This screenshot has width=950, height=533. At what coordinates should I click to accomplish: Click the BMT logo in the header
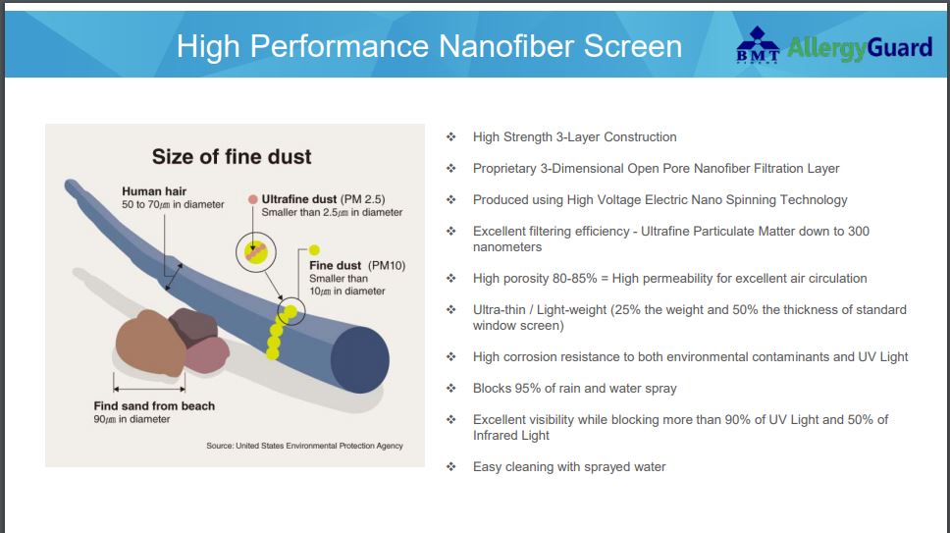[758, 44]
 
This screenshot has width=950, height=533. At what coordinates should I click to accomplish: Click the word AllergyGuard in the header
[860, 48]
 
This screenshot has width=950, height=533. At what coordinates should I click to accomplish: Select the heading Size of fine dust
[232, 157]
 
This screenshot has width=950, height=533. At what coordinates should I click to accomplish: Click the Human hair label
[154, 191]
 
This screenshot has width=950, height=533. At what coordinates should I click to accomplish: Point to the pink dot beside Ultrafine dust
[253, 199]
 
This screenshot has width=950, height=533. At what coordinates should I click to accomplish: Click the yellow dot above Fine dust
[314, 249]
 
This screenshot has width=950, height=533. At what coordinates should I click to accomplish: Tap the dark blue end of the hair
[360, 360]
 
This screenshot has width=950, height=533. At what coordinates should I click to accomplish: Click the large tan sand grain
[149, 343]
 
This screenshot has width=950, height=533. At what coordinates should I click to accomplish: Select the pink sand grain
[207, 355]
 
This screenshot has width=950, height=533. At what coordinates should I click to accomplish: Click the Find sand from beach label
[154, 405]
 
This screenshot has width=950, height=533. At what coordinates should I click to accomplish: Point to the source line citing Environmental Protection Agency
[304, 446]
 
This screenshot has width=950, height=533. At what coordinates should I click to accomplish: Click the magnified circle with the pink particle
[256, 252]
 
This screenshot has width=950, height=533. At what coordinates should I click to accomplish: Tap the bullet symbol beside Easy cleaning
[450, 467]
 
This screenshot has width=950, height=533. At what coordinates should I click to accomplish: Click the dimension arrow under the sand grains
[149, 389]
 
